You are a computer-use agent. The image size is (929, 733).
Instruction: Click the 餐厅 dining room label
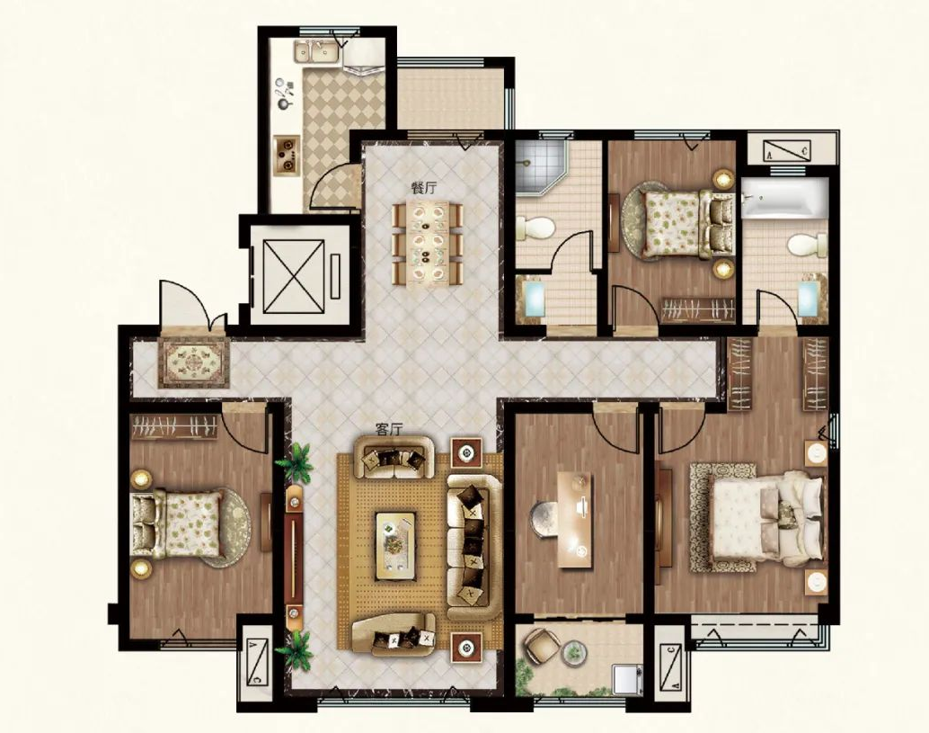pos(423,189)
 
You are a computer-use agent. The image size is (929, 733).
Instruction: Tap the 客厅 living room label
pos(389,429)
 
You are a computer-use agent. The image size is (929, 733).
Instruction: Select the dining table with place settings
pos(429,243)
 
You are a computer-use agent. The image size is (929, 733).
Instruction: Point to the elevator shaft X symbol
pos(294,276)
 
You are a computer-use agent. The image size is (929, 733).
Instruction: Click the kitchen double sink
pos(316,52)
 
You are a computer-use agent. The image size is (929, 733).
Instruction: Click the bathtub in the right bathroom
pos(784,198)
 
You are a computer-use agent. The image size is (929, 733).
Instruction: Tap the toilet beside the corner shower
pos(535,228)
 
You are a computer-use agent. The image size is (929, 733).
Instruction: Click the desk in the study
pos(575,521)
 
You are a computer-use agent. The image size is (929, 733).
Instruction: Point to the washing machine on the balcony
pos(627,680)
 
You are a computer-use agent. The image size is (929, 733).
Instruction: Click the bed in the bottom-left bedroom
pos(177,524)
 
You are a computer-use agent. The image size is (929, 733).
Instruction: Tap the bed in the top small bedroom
pos(688,224)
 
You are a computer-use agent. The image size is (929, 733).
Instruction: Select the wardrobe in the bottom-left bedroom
pos(173,427)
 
